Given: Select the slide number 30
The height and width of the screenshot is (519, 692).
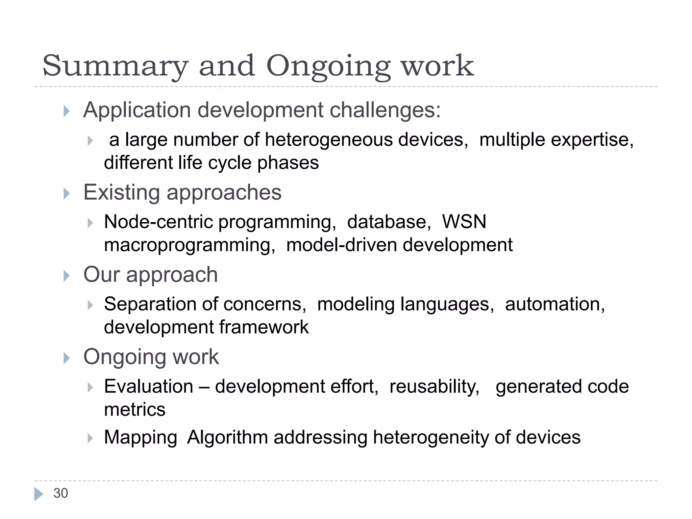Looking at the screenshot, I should click(61, 493).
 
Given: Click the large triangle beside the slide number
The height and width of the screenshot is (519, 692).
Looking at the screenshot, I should click(39, 494).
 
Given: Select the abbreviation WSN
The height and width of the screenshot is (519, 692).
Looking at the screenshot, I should click(464, 222).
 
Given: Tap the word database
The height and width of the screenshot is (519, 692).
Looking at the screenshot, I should click(389, 222).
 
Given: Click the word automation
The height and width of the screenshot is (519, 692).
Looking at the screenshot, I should click(554, 304).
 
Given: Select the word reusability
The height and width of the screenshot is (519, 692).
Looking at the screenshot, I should click(434, 386).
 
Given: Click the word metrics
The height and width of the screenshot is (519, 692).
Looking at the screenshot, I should click(134, 410).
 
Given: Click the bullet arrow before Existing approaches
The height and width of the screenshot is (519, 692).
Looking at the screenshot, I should click(66, 194).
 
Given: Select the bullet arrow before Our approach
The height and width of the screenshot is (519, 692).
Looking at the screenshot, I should click(66, 276).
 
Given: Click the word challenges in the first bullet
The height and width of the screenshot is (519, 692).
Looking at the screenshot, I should click(385, 110).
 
